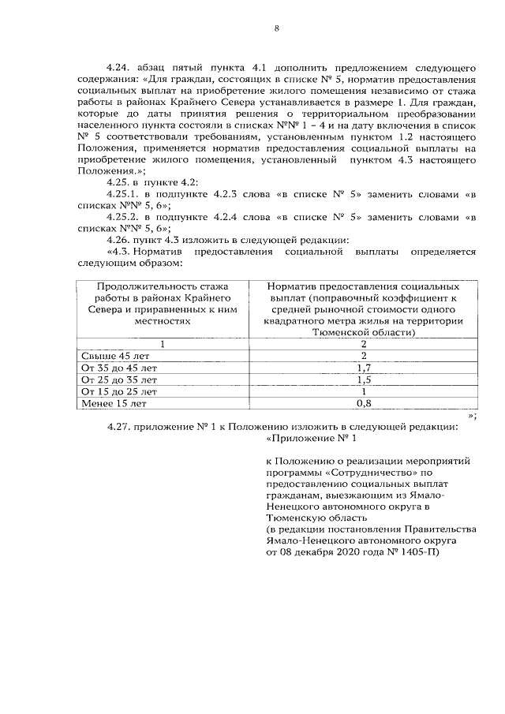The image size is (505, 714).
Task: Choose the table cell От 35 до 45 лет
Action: tap(118, 368)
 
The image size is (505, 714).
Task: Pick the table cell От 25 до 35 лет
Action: tap(118, 379)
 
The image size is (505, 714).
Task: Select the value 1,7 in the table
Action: tap(364, 368)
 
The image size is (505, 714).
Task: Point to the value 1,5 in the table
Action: tap(364, 379)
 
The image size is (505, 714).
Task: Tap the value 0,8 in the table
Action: tap(364, 403)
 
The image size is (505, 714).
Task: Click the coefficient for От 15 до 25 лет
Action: tap(364, 391)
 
